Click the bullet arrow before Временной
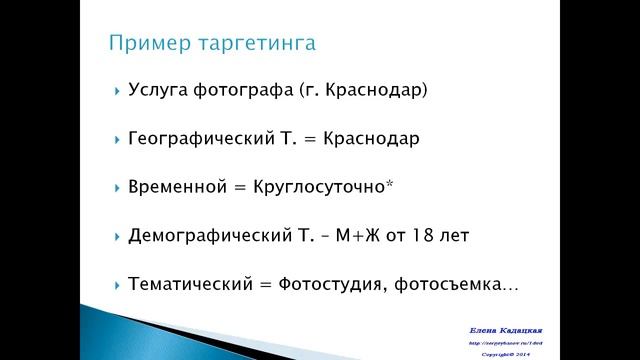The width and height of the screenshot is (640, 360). [118, 188]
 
